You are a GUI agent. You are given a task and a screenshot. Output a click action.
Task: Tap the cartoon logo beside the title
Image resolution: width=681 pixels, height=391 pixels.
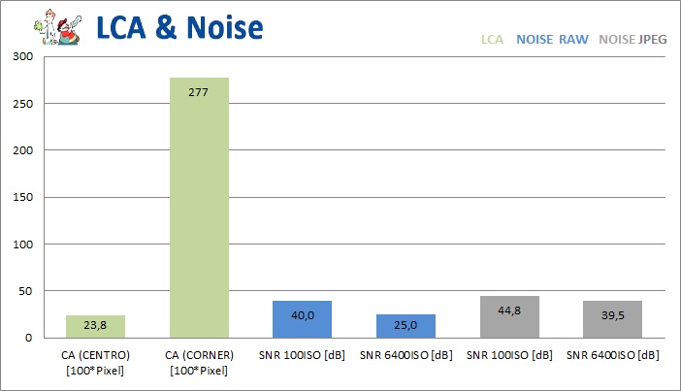pos(54,26)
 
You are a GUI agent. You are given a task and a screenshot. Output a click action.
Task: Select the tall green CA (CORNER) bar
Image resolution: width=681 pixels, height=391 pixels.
pos(199,208)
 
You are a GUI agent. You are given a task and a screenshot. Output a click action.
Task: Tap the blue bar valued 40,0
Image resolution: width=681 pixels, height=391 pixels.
pos(302,319)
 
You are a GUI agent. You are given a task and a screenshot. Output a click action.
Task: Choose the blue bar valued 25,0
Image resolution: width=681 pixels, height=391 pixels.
pos(405,326)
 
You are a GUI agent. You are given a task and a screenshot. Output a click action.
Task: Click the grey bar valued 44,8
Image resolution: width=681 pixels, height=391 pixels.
pos(508,317)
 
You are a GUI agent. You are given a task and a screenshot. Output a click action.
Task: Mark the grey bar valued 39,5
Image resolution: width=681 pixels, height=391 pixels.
pos(612,319)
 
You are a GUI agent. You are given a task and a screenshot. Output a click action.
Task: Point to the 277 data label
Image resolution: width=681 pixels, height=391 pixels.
pos(199,92)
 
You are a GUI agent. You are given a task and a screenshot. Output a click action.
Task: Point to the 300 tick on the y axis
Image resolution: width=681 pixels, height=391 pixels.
pos(21,56)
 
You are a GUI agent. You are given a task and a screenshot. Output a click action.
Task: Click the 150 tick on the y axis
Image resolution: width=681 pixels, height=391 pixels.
pos(21,197)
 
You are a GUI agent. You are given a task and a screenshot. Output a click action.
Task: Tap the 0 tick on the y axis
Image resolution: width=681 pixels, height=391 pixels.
pos(29,338)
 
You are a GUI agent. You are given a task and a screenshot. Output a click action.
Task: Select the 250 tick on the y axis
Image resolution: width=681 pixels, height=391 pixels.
pos(21,103)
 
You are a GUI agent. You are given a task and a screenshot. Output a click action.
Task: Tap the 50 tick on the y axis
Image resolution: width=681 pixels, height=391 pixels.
pos(25,291)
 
